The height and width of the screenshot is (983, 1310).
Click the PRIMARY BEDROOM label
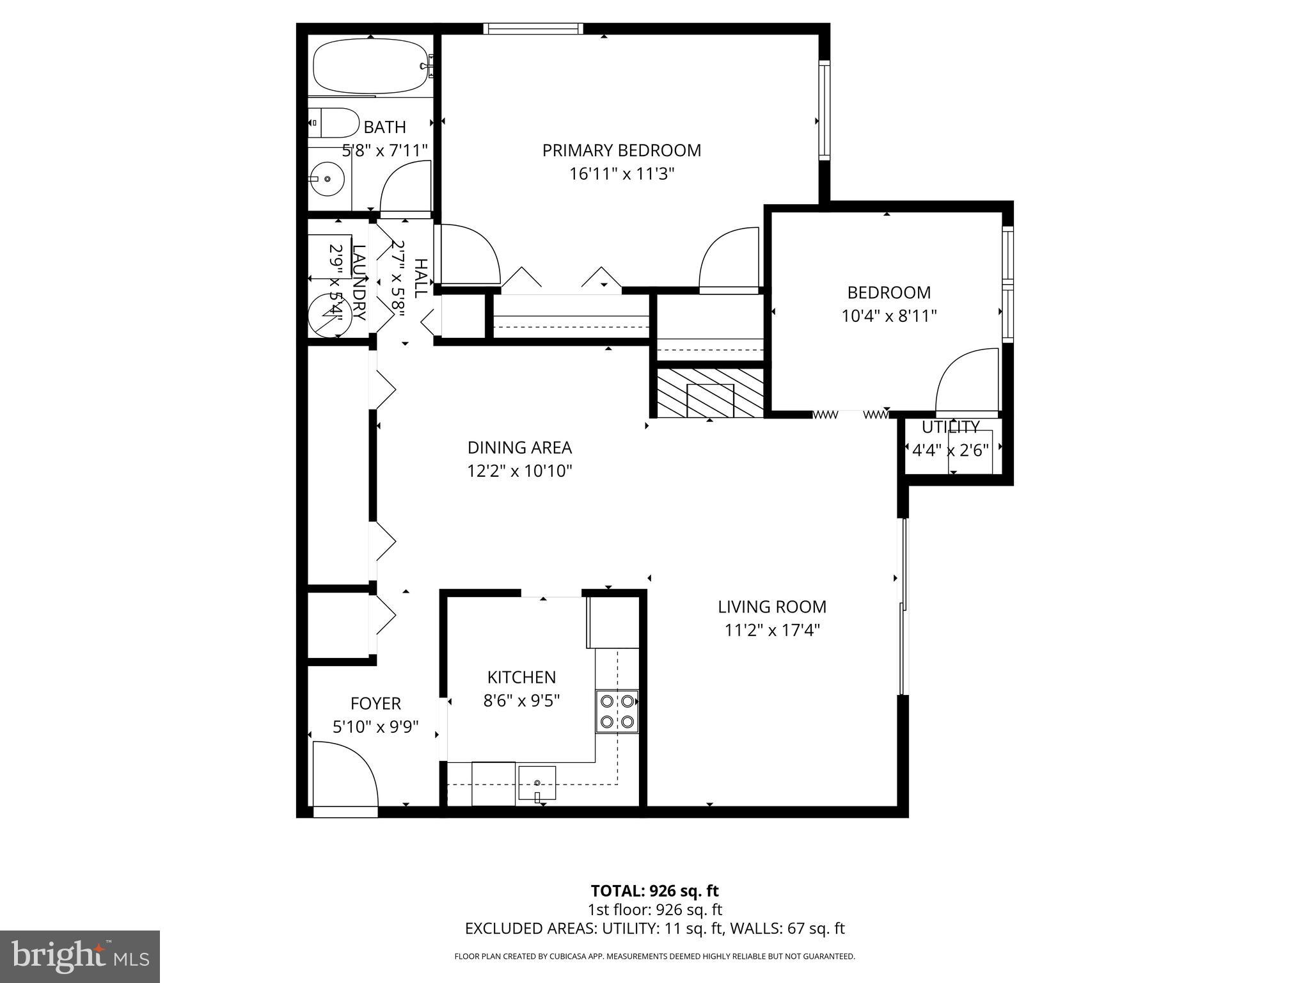[x=621, y=150]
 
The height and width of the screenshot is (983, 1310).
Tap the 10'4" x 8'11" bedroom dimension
[x=888, y=316]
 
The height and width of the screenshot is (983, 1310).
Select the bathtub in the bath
[x=370, y=67]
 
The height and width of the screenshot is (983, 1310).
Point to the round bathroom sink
[x=327, y=180]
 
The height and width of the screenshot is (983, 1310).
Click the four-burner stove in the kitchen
[x=617, y=711]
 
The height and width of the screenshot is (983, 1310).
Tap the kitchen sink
[x=537, y=783]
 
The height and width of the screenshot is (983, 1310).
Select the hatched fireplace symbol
[x=709, y=393]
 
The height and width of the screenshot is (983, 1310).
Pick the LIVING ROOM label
[x=771, y=607]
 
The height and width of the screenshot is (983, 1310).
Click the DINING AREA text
[x=519, y=447]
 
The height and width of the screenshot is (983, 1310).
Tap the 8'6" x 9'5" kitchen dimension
[x=521, y=701]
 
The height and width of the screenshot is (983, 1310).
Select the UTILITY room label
[x=950, y=427]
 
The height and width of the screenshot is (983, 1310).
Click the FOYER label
[x=375, y=703]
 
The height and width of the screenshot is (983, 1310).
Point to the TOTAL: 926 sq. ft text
[x=654, y=891]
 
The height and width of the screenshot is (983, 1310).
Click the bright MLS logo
[x=80, y=956]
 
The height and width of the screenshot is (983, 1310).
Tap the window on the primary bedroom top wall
[x=533, y=28]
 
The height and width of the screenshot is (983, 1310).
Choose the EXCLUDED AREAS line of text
[x=654, y=929]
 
